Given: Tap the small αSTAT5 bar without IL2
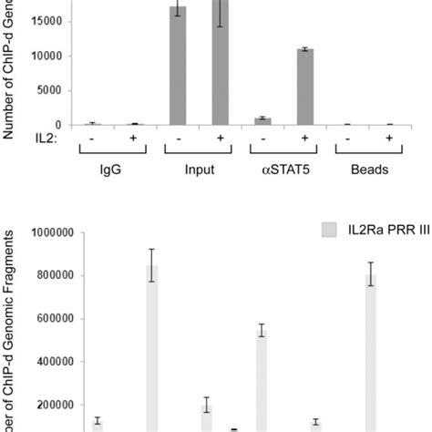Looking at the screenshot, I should (x=262, y=120).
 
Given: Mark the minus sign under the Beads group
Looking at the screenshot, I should (x=345, y=139).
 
